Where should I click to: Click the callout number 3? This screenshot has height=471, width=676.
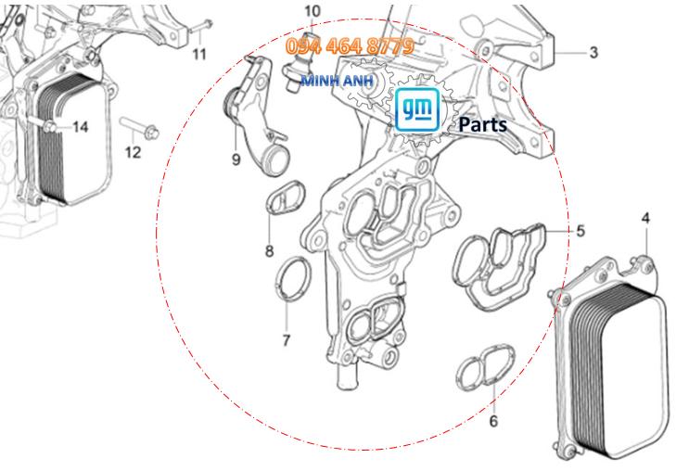[594, 51]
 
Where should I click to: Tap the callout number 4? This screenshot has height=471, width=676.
[645, 219]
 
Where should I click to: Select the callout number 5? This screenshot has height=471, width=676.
[580, 229]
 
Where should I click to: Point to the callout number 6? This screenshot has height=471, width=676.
[492, 420]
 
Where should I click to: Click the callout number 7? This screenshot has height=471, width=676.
[286, 339]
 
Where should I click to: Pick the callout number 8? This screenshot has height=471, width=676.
[269, 250]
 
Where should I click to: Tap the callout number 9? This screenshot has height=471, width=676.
[236, 159]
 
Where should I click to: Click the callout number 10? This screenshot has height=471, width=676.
[312, 11]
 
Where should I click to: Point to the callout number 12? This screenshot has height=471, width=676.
[134, 151]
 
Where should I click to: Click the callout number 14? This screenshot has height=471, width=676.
[81, 126]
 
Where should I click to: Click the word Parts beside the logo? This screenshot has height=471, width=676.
[480, 123]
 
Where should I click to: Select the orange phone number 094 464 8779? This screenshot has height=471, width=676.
[350, 45]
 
